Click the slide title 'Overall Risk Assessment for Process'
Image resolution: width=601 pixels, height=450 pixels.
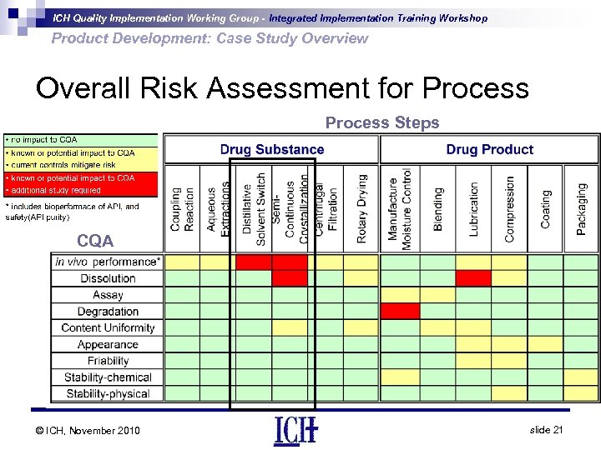(x=282, y=88)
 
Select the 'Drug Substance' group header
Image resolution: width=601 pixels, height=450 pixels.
(x=272, y=150)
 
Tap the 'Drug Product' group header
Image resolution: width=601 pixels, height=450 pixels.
(x=489, y=150)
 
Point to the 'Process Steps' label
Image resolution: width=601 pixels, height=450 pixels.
(x=381, y=123)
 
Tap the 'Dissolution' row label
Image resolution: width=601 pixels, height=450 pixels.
(x=108, y=278)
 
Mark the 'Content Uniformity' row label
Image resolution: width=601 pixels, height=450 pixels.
(x=108, y=327)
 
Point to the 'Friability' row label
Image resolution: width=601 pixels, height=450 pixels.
(x=108, y=361)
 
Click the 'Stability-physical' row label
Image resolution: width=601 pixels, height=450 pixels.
(x=108, y=393)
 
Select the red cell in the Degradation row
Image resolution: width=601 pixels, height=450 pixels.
(x=400, y=311)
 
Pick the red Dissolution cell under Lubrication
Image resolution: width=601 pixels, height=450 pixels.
(x=473, y=278)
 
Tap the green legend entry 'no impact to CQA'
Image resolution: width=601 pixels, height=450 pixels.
(x=81, y=140)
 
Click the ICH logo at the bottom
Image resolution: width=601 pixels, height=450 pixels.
(x=295, y=429)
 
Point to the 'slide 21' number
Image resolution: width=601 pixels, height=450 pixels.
(x=547, y=429)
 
